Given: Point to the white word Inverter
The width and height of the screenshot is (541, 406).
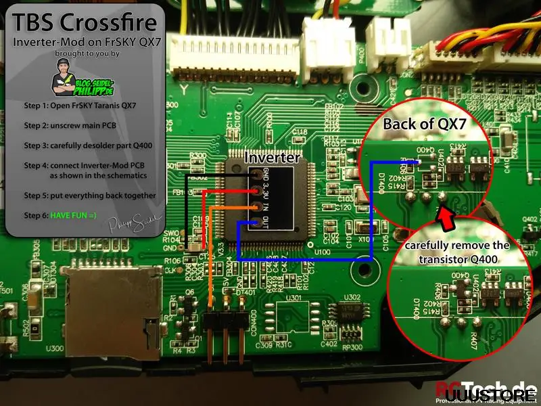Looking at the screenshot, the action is [x=271, y=157].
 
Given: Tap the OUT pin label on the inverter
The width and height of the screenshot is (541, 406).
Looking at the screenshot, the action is [x=264, y=224].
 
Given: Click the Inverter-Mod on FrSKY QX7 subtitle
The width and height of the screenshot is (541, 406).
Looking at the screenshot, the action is [x=84, y=43].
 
